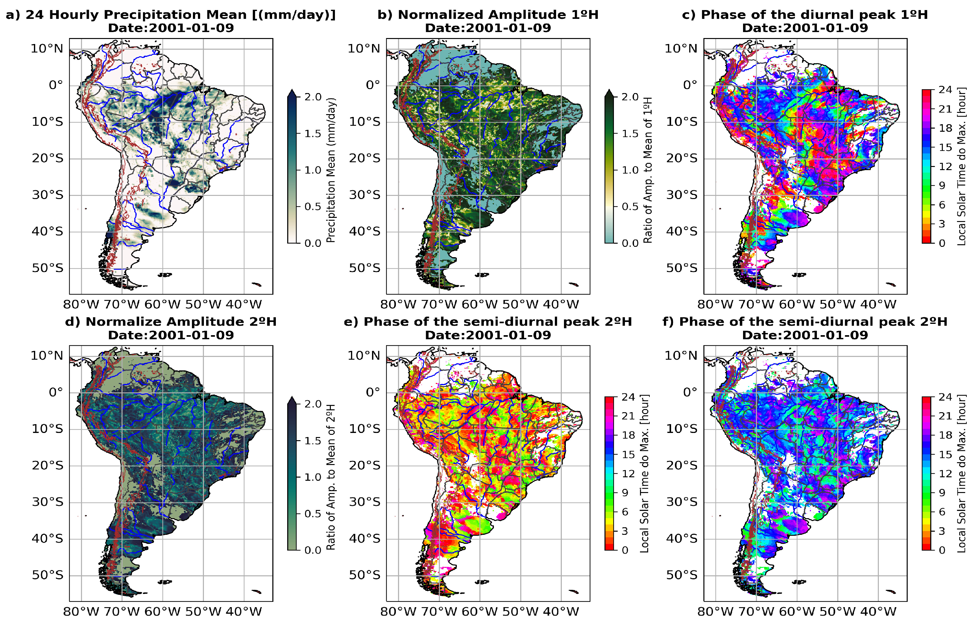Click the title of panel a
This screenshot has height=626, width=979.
pyautogui.click(x=171, y=15)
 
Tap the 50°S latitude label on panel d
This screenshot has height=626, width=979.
pyautogui.click(x=47, y=575)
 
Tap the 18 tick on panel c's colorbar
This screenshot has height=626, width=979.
pyautogui.click(x=945, y=128)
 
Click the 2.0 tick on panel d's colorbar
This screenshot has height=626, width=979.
pyautogui.click(x=313, y=404)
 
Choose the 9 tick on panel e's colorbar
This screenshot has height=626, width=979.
pyautogui.click(x=625, y=493)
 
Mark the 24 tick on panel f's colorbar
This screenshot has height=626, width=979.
pyautogui.click(x=945, y=397)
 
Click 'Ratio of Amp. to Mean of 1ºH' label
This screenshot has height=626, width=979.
pyautogui.click(x=648, y=170)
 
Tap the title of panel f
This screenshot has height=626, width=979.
pyautogui.click(x=805, y=322)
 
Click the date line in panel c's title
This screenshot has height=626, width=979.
pyautogui.click(x=805, y=28)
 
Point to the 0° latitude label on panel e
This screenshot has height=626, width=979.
pyautogui.click(x=373, y=392)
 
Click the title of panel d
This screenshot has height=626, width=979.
pyautogui.click(x=171, y=322)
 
